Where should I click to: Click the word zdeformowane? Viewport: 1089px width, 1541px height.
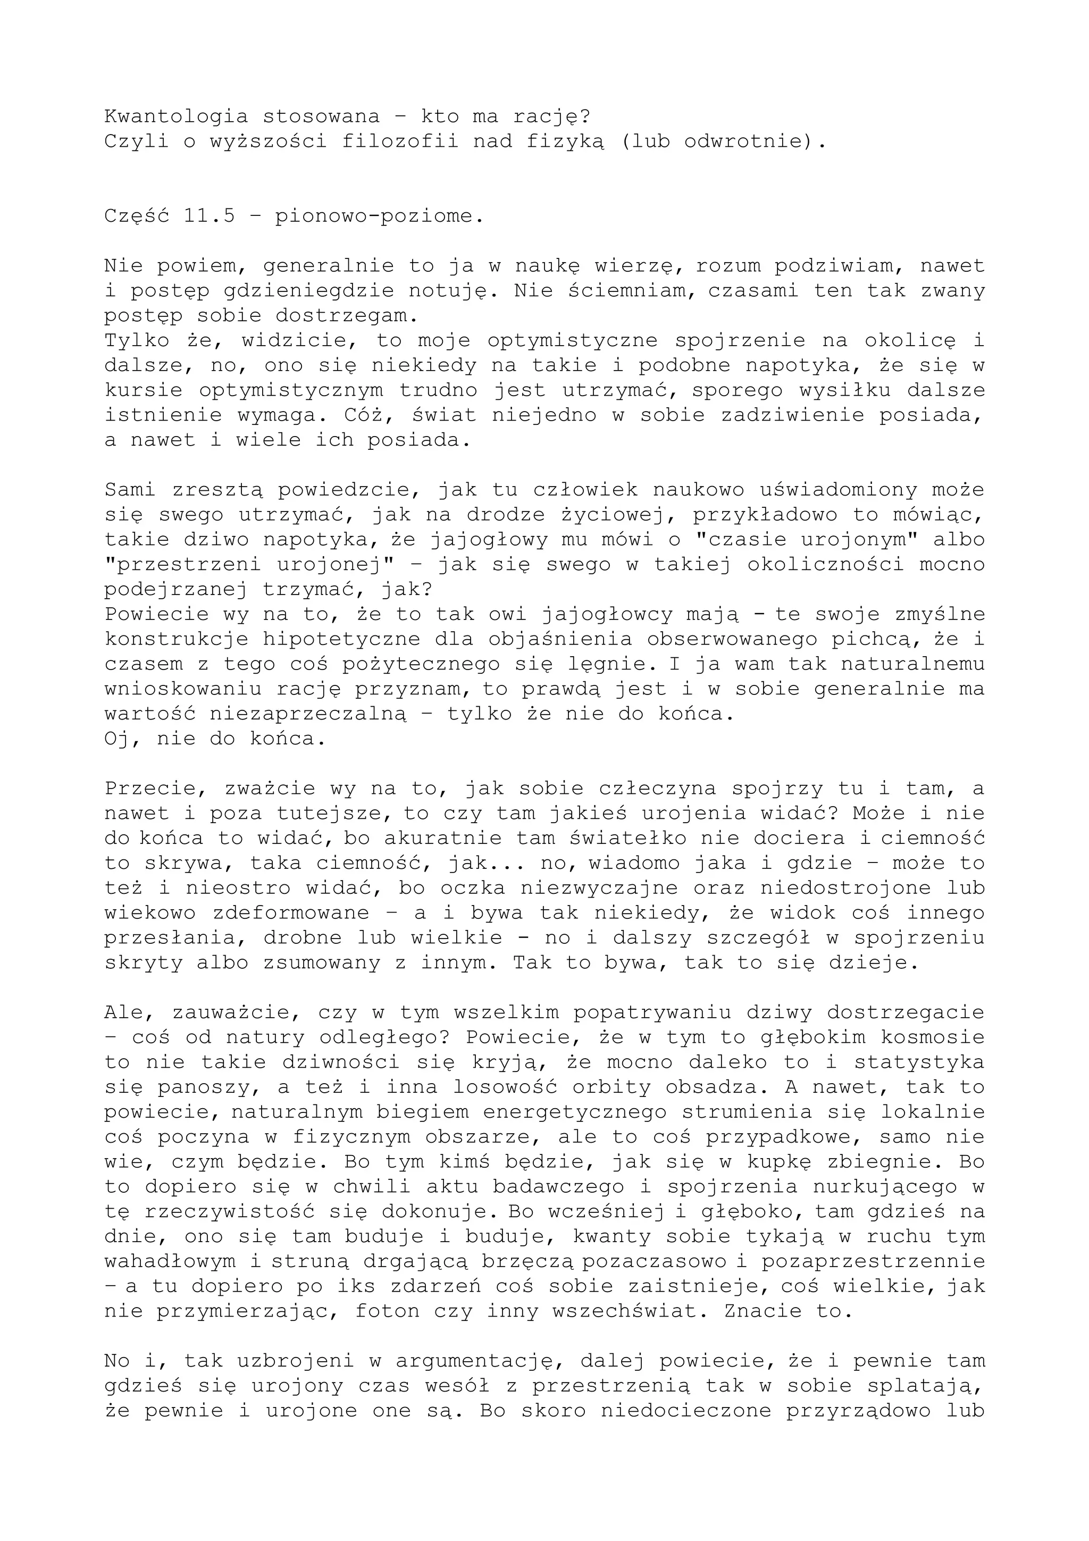click(x=291, y=913)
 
